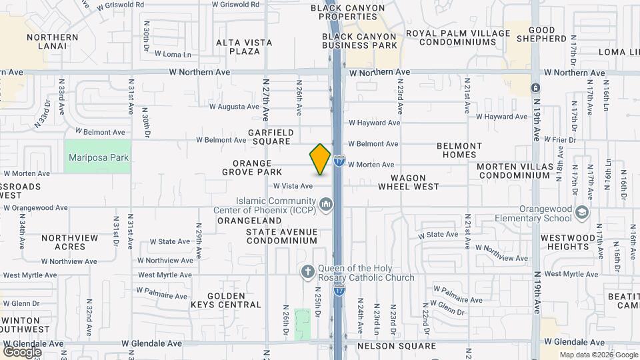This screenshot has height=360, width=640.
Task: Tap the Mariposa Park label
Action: pyautogui.click(x=99, y=158)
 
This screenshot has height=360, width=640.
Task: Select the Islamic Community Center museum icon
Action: pyautogui.click(x=325, y=203)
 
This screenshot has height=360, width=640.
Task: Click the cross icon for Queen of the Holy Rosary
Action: pyautogui.click(x=307, y=271)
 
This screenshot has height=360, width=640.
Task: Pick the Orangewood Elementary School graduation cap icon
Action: pyautogui.click(x=582, y=212)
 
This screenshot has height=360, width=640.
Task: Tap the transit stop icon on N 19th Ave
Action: pyautogui.click(x=535, y=88)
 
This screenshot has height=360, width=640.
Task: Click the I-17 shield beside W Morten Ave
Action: pyautogui.click(x=339, y=161)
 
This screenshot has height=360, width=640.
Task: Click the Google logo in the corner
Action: pyautogui.click(x=22, y=351)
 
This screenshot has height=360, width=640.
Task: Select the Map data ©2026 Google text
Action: pyautogui.click(x=598, y=355)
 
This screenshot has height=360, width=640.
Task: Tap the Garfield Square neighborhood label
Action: pyautogui.click(x=271, y=137)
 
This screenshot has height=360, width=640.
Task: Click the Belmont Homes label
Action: pyautogui.click(x=459, y=150)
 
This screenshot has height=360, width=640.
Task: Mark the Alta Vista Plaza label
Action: pyautogui.click(x=244, y=47)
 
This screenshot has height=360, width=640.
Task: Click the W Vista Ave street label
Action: pyautogui.click(x=293, y=186)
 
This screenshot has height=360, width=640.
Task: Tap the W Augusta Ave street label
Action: pyautogui.click(x=234, y=106)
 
